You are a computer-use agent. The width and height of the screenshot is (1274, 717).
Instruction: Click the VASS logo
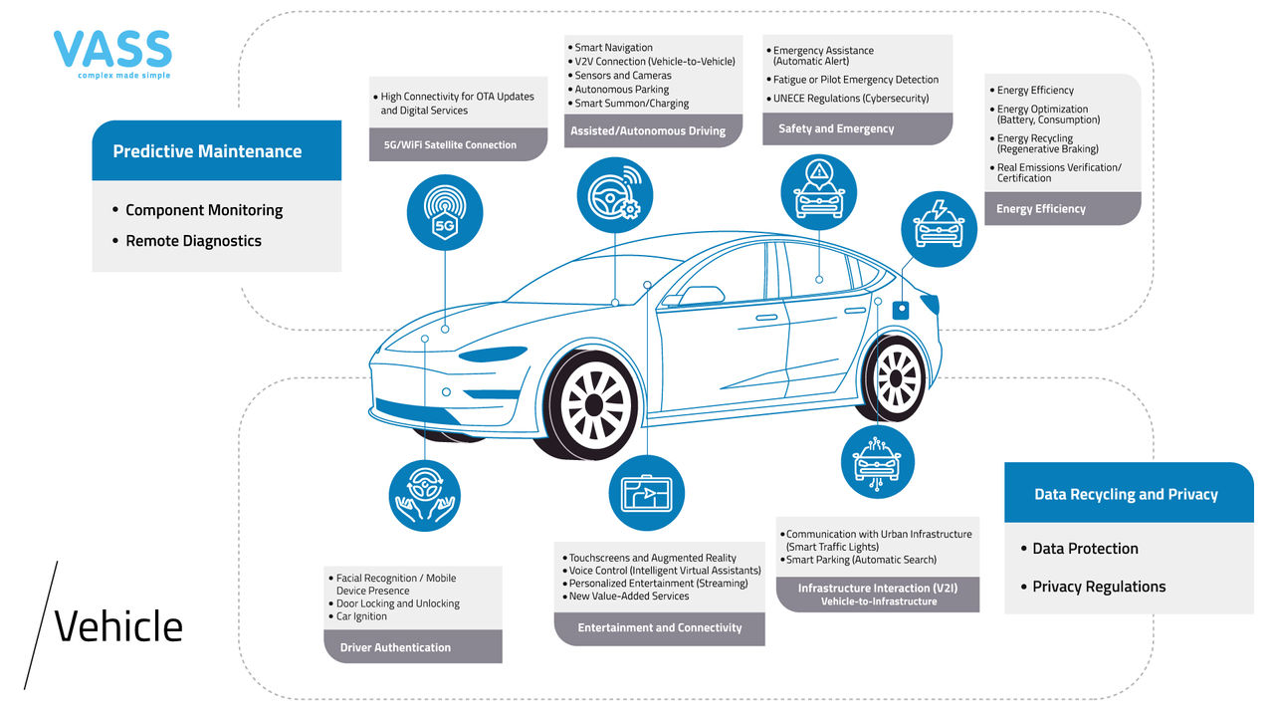point(112,54)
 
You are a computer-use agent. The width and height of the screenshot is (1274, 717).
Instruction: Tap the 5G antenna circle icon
point(445,212)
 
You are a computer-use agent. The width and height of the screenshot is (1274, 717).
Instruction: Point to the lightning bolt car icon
point(939,228)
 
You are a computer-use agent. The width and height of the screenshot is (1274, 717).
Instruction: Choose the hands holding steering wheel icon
point(424,496)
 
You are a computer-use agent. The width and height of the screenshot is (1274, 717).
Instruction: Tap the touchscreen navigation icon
point(647,492)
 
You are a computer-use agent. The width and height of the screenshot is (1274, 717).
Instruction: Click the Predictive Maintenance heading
point(207,151)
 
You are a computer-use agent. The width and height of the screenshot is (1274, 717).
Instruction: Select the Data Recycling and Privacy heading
point(1126,494)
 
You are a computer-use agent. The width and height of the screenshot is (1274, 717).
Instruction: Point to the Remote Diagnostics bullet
point(193,241)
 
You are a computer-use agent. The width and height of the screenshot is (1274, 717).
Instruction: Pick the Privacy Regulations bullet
point(1098,587)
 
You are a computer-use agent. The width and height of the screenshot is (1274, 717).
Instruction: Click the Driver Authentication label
point(395,647)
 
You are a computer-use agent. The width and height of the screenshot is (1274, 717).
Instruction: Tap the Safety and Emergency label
point(836,128)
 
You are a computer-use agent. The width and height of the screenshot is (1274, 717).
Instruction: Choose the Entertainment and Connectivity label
point(660,627)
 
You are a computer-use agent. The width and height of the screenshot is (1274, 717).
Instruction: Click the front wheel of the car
point(593,403)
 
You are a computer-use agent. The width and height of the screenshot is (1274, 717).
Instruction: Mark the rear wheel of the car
point(897,377)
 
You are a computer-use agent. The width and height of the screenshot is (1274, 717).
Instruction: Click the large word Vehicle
point(118,627)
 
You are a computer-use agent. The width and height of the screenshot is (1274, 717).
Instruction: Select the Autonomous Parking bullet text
point(622,90)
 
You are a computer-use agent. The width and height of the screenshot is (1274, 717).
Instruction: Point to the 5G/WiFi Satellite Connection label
point(450,144)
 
